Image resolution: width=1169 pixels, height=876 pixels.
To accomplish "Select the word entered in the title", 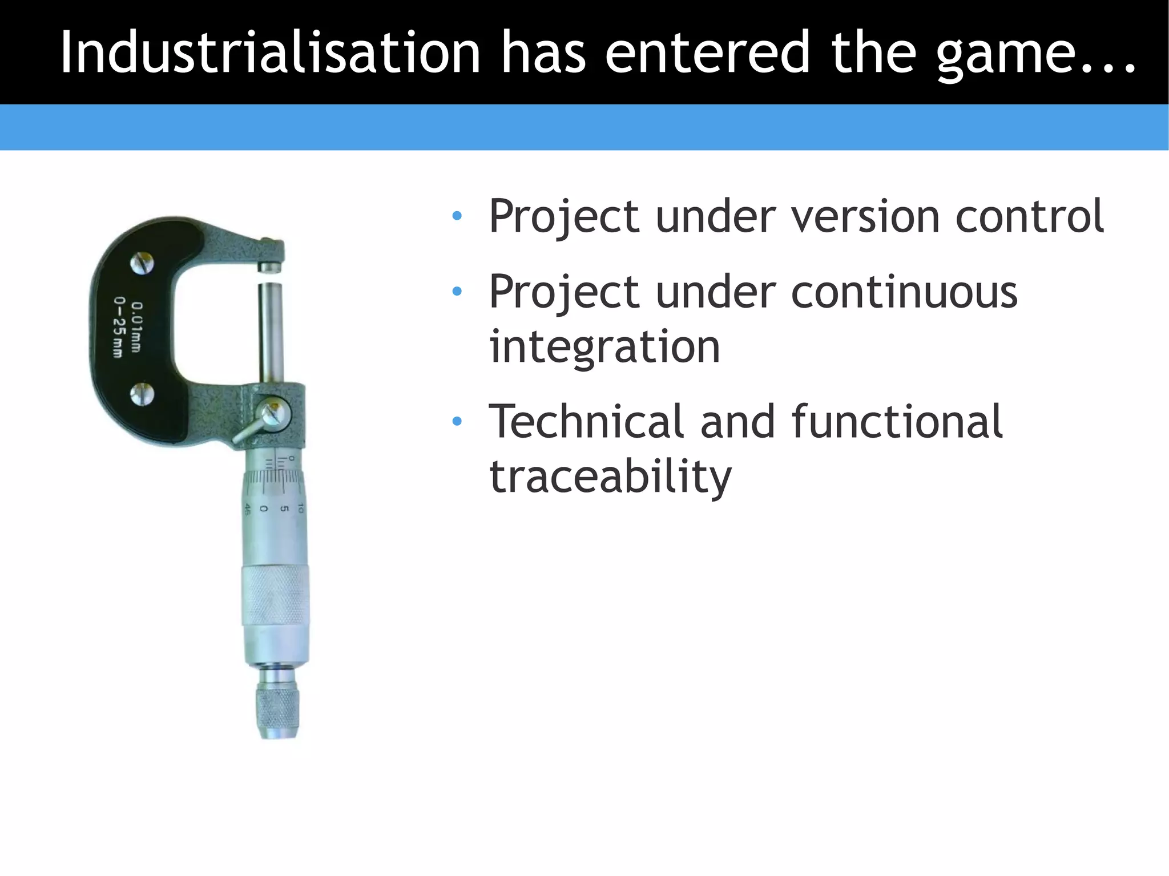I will tap(707, 53).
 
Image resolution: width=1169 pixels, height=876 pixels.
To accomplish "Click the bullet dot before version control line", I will tap(457, 216).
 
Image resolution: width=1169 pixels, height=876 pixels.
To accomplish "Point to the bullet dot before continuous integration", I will tap(457, 292).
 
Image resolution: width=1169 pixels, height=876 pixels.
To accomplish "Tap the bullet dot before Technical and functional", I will tap(457, 422).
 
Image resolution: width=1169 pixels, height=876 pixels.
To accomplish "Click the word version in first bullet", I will tap(865, 217).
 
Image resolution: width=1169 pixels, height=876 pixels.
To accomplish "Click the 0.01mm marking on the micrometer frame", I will tap(136, 326).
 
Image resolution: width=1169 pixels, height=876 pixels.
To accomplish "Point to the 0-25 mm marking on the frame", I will tap(119, 327).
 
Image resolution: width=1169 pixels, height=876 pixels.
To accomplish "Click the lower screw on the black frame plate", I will tap(142, 394).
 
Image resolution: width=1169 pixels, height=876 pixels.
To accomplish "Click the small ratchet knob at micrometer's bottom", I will tap(278, 708).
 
